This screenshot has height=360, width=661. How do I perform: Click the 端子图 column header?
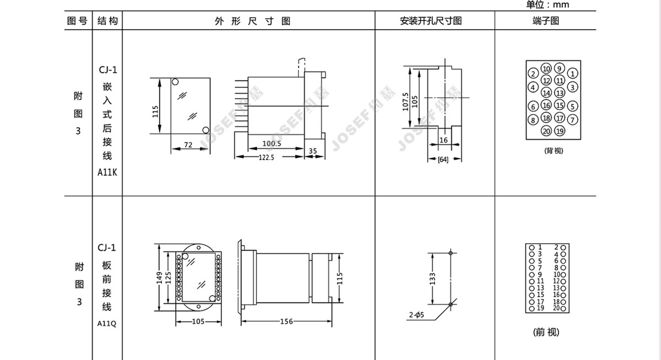[546, 20]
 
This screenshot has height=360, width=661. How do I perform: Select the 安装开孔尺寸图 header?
[431, 20]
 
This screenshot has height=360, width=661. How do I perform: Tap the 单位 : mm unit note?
[548, 4]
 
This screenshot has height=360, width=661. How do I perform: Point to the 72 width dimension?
[188, 145]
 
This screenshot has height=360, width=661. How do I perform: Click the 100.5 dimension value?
[272, 144]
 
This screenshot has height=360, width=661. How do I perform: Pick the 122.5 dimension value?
[266, 157]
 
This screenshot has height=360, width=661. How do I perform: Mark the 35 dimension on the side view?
[313, 151]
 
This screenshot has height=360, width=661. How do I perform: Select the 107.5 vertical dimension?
[405, 102]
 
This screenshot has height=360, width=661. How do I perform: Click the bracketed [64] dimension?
[443, 160]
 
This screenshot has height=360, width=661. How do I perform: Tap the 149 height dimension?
[159, 277]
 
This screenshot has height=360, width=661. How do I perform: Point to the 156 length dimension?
[286, 321]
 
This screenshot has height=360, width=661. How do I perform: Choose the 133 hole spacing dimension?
[432, 279]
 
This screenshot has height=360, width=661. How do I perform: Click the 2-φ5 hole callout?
[416, 315]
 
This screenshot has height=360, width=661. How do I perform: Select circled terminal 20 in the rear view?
[546, 131]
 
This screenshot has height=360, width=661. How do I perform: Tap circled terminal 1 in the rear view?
[573, 73]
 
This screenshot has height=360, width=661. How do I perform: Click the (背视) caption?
[554, 151]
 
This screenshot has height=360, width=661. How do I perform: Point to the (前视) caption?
[546, 332]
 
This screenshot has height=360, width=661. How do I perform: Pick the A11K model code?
[107, 172]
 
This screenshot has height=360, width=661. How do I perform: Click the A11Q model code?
[107, 324]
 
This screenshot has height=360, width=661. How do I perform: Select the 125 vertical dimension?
[168, 277]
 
